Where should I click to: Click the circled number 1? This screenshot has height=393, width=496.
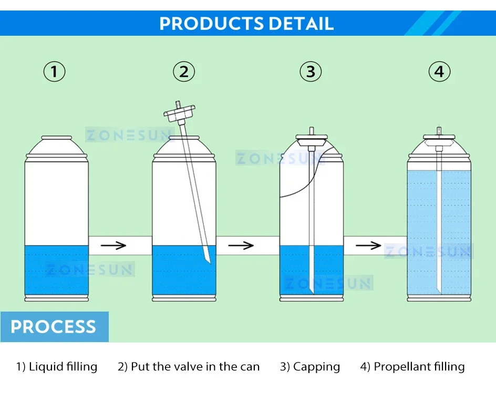tap(54, 71)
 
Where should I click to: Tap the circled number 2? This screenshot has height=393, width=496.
tap(184, 71)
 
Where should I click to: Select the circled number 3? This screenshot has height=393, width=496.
tap(311, 71)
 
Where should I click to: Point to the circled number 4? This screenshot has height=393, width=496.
tap(439, 71)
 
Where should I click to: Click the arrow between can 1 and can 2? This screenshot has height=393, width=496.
tap(113, 245)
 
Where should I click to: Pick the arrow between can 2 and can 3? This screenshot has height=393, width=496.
tap(241, 245)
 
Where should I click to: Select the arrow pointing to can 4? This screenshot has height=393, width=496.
tap(368, 245)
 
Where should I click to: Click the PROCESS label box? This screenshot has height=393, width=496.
tap(54, 327)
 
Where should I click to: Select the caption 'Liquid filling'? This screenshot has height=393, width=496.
tap(63, 367)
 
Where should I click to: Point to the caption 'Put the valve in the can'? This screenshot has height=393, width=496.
tap(195, 367)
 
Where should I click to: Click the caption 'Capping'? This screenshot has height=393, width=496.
tap(316, 367)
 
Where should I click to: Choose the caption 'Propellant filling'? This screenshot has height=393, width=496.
tap(419, 367)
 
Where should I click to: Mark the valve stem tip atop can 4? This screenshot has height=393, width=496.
tap(439, 128)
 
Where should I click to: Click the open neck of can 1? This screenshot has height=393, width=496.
tap(57, 139)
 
